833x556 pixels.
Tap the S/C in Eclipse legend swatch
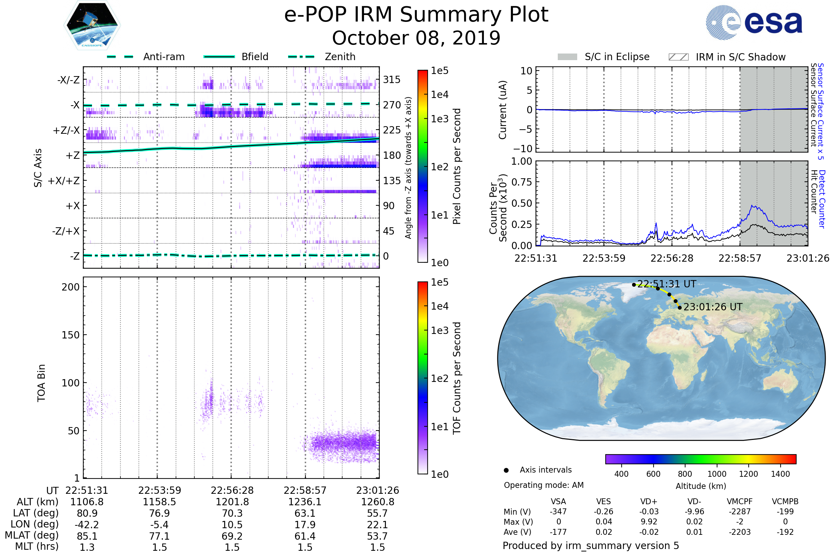(567, 57)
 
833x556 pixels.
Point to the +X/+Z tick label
(64, 181)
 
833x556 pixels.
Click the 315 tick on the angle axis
(392, 80)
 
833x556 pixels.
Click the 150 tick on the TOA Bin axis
(70, 335)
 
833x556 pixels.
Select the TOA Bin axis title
(41, 383)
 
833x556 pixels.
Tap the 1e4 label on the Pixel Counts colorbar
(439, 95)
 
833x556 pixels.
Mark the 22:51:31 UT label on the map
(666, 284)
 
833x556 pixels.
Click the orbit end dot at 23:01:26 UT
(680, 308)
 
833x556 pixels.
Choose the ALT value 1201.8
(232, 502)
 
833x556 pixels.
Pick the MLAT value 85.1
(87, 536)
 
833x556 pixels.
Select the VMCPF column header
(740, 501)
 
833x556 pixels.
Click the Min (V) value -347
(558, 511)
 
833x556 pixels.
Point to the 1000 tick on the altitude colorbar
(717, 474)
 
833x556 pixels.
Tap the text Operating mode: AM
(544, 485)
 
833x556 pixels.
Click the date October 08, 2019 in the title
(416, 38)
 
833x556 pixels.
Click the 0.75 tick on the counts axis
(522, 182)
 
